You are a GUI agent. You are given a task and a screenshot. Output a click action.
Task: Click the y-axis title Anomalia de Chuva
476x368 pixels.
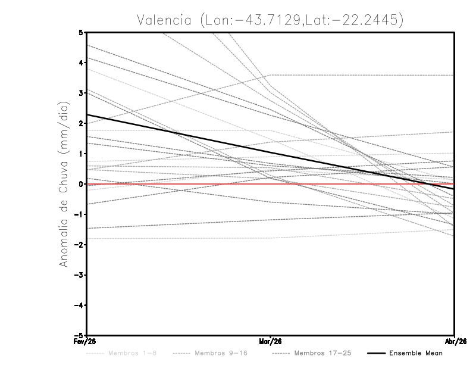click(x=63, y=184)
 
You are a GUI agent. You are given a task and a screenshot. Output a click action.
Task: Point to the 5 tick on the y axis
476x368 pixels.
click(x=82, y=32)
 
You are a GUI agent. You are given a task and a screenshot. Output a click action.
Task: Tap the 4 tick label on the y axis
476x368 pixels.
click(x=82, y=63)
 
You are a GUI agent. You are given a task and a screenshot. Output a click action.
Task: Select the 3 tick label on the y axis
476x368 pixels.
click(x=82, y=93)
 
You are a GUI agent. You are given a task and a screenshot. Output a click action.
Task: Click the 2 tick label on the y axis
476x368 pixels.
click(x=82, y=123)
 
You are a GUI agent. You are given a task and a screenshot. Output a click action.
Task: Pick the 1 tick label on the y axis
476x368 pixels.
click(x=82, y=154)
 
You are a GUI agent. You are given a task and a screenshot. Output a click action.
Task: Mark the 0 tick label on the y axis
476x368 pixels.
click(x=82, y=184)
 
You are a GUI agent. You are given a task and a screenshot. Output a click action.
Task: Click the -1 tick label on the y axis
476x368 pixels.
click(x=80, y=214)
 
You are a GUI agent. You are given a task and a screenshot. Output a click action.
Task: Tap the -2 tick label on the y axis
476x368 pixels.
click(x=80, y=245)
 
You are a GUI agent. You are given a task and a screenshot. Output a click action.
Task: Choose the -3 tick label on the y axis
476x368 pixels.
click(x=80, y=275)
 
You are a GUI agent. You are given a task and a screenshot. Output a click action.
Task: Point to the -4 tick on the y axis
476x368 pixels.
click(x=80, y=305)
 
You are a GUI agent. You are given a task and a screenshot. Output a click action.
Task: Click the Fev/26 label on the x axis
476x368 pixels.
click(x=86, y=341)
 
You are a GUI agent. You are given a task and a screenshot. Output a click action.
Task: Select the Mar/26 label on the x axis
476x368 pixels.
click(x=271, y=341)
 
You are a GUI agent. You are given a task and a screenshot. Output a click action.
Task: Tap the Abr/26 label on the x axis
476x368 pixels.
click(x=455, y=341)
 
